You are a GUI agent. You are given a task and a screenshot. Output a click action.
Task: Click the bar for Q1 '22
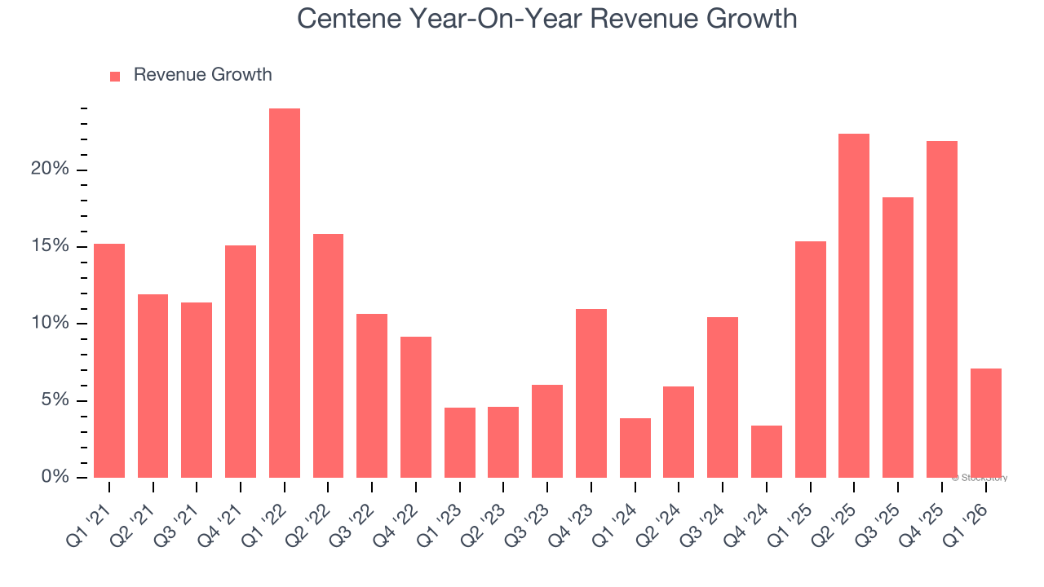(285, 293)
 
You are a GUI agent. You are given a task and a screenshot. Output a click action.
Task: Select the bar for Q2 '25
(853, 306)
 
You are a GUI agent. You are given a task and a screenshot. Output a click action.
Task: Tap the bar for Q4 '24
(766, 452)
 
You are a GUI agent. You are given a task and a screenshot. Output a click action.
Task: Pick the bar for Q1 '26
(985, 423)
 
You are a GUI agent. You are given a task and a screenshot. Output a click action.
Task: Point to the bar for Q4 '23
(591, 394)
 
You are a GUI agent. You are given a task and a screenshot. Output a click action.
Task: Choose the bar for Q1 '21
(109, 360)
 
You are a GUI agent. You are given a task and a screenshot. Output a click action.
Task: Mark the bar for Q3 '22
(372, 395)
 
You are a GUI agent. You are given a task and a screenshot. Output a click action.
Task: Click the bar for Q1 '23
(459, 443)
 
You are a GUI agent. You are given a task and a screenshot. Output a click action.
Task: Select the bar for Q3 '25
(897, 338)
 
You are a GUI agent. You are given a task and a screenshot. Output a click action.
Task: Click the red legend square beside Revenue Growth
(115, 76)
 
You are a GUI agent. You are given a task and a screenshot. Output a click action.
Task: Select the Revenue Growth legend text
(202, 75)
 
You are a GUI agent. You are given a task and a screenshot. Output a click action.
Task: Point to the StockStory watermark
(979, 478)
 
